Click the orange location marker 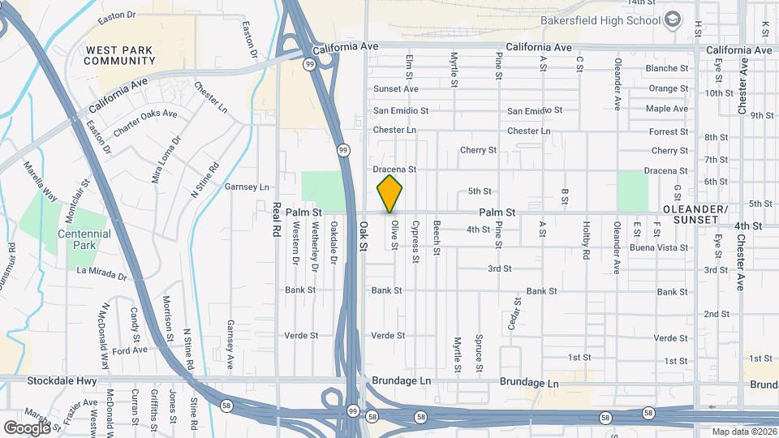point(389,194)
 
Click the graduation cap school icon point(673,19)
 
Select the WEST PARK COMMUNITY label point(119,55)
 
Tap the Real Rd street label point(276,219)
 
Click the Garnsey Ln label point(247,187)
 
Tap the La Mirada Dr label point(102,273)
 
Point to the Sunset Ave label point(396,88)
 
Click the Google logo point(27,427)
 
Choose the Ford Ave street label point(130,350)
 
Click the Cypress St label point(415,242)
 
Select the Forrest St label point(669,131)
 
